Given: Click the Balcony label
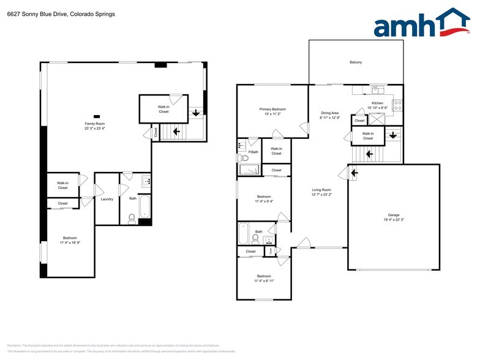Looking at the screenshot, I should click(356, 62).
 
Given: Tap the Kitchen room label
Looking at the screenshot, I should click(377, 103).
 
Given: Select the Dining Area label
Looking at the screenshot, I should click(330, 113).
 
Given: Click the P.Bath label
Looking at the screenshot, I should click(253, 151).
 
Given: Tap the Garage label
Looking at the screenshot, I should click(393, 215).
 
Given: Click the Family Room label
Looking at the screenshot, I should click(95, 124).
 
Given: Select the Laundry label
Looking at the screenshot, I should click(107, 198).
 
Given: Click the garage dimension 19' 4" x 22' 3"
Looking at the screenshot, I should click(393, 220).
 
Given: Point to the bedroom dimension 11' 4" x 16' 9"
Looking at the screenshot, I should click(69, 243).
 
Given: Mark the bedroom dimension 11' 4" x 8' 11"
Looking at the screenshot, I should click(263, 280).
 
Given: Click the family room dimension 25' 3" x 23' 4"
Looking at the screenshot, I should click(95, 129).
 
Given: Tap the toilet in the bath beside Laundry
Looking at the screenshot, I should click(132, 217).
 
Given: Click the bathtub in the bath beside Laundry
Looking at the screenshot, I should click(145, 207).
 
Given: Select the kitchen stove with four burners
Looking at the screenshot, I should click(396, 105).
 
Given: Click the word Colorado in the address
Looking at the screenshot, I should click(73, 13).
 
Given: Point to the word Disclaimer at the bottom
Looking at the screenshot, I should click(15, 346).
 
